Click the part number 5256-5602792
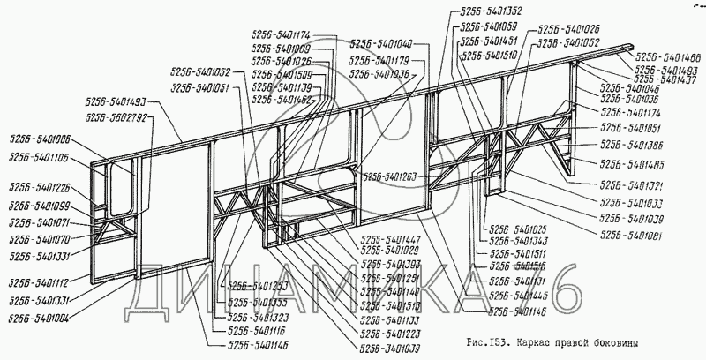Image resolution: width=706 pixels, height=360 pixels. click(x=116, y=116)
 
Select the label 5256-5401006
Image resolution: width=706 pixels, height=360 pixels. click(x=40, y=139)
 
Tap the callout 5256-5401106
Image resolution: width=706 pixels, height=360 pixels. click(x=40, y=156)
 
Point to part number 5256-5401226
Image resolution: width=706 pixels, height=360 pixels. click(x=40, y=187)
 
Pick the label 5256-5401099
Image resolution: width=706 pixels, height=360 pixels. click(x=40, y=206)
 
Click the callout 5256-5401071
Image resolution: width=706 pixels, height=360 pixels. click(x=40, y=223)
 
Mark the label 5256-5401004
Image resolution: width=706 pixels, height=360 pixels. click(x=40, y=315)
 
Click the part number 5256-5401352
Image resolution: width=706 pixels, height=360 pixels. click(x=491, y=11)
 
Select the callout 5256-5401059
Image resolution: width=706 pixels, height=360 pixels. click(x=488, y=26)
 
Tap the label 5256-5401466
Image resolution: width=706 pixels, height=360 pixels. click(x=667, y=55)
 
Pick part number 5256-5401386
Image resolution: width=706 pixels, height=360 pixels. click(x=632, y=145)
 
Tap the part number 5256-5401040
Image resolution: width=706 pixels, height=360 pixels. click(x=380, y=44)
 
